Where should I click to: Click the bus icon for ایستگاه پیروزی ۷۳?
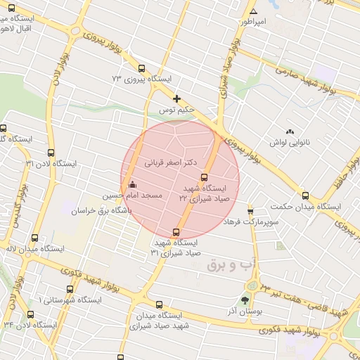(142, 69)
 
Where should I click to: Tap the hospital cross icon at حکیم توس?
(176, 98)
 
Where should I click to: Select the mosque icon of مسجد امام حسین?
(133, 185)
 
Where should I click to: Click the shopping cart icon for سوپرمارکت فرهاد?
(250, 210)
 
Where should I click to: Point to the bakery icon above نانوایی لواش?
(290, 131)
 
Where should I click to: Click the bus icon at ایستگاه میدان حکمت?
(305, 196)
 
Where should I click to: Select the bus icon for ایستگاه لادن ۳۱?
(50, 153)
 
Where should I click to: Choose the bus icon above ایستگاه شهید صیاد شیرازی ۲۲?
(205, 178)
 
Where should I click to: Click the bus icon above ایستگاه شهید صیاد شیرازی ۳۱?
(176, 232)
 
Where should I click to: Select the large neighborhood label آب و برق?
(227, 265)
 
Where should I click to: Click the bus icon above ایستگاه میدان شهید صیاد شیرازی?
(160, 305)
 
